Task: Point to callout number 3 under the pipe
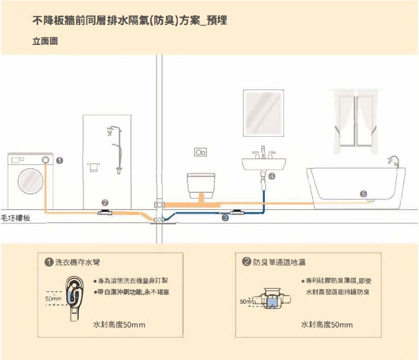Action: coord(225,218)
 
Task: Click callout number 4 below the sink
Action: coord(272,176)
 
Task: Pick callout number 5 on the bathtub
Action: coord(363,194)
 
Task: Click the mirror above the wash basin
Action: coord(264,113)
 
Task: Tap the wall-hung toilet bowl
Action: coord(202,183)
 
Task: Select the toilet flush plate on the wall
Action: coord(201,153)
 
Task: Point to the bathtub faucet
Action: coord(392,159)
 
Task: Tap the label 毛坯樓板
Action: coord(16,218)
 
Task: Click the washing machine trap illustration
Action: coord(75,298)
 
